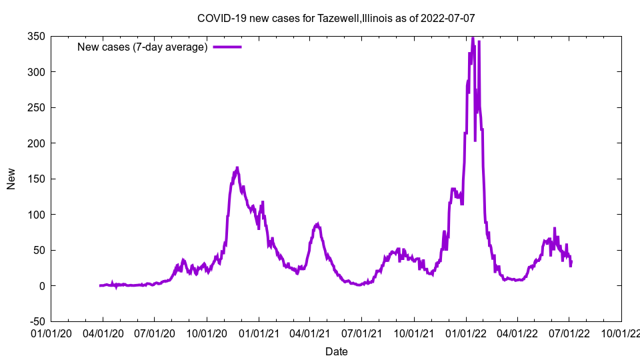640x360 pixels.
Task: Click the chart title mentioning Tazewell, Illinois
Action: (336, 18)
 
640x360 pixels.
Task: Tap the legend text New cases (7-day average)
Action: (143, 47)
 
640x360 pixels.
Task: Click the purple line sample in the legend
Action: (227, 47)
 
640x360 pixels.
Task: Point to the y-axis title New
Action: (11, 179)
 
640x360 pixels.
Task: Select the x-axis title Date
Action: (336, 351)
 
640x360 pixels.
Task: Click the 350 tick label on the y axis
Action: (36, 37)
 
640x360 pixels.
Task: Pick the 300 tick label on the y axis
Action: (36, 72)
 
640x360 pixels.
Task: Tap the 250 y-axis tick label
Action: (36, 108)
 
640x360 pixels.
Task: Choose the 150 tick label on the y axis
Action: (36, 179)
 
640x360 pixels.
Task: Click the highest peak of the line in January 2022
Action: (473, 37)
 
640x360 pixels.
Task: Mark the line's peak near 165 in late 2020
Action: (237, 167)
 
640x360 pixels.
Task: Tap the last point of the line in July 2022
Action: (571, 262)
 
